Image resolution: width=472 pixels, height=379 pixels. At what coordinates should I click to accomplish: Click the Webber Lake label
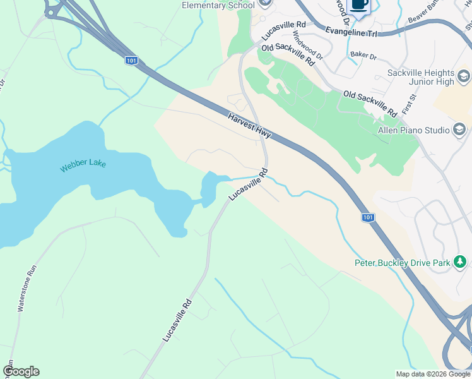pos(83,166)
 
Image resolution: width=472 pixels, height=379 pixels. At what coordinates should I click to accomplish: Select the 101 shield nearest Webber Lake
pos(131,61)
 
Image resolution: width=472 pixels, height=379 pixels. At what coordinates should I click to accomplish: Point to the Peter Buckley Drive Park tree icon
pos(461,262)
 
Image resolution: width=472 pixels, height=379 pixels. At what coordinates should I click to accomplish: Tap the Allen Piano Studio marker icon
pos(459,130)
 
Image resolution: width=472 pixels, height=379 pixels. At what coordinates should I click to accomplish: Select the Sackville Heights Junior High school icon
pos(464,77)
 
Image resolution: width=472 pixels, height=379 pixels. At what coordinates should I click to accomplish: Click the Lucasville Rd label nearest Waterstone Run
pos(177,320)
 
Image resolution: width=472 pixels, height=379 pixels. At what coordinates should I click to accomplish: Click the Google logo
pos(21,371)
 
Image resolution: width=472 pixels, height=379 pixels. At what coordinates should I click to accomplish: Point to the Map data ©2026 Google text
pos(432,374)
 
